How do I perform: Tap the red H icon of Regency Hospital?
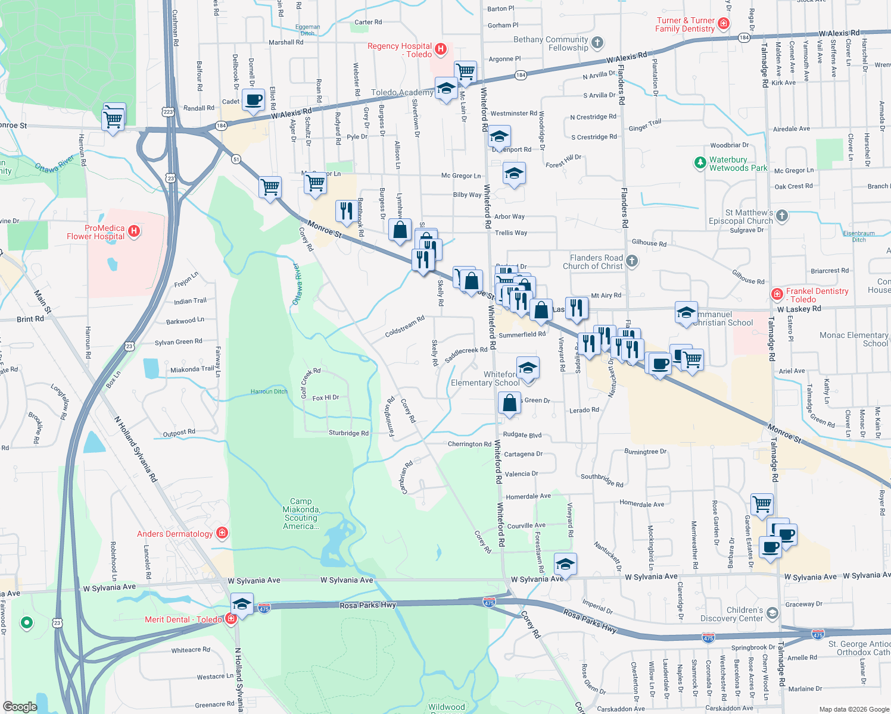click(x=441, y=49)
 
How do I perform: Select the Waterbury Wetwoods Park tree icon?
click(x=700, y=162)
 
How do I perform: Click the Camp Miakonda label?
click(x=301, y=513)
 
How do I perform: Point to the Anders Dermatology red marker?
click(x=222, y=533)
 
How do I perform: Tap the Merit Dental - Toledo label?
click(x=183, y=619)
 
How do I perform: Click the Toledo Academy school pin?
click(x=445, y=89)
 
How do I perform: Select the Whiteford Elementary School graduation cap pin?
click(x=528, y=369)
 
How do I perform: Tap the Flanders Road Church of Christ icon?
click(x=632, y=261)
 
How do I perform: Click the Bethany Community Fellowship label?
click(x=550, y=43)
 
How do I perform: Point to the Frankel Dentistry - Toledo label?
click(x=817, y=295)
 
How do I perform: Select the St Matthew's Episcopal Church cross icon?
click(x=782, y=215)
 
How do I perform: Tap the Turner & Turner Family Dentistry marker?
click(x=724, y=24)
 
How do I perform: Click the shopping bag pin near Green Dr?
click(x=510, y=403)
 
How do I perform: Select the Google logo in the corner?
click(x=20, y=707)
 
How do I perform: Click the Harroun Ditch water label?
click(x=269, y=392)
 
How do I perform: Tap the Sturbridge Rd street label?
click(x=348, y=433)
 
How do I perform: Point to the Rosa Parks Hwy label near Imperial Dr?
click(x=590, y=621)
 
